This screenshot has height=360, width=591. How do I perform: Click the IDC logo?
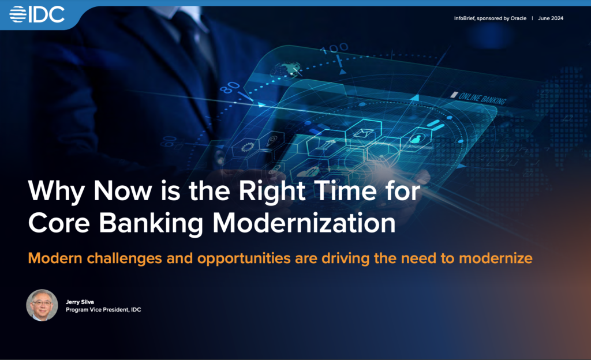point(38,14)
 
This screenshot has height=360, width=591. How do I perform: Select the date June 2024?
point(551,18)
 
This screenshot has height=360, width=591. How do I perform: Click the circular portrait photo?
point(42,305)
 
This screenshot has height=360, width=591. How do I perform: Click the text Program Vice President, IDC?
point(103,310)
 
